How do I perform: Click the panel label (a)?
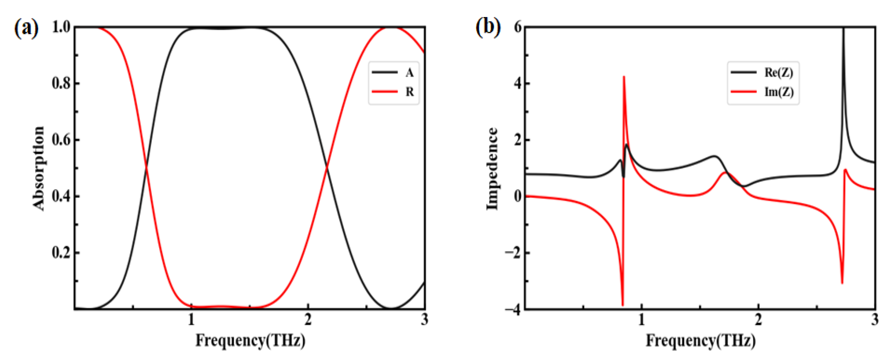[x=26, y=28]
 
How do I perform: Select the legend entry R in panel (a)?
[x=409, y=92]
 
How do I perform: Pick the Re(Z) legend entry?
[x=778, y=72]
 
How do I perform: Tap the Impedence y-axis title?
[x=492, y=168]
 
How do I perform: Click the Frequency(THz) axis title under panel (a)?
[x=250, y=341]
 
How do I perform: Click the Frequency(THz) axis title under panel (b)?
[x=700, y=341]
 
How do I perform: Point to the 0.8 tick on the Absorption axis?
[x=61, y=83]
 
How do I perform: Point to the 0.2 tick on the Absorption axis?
[x=61, y=253]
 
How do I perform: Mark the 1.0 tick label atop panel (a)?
[x=61, y=27]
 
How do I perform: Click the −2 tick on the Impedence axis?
[x=512, y=253]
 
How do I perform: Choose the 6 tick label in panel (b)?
[x=517, y=27]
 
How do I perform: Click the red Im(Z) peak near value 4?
[x=624, y=77]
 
